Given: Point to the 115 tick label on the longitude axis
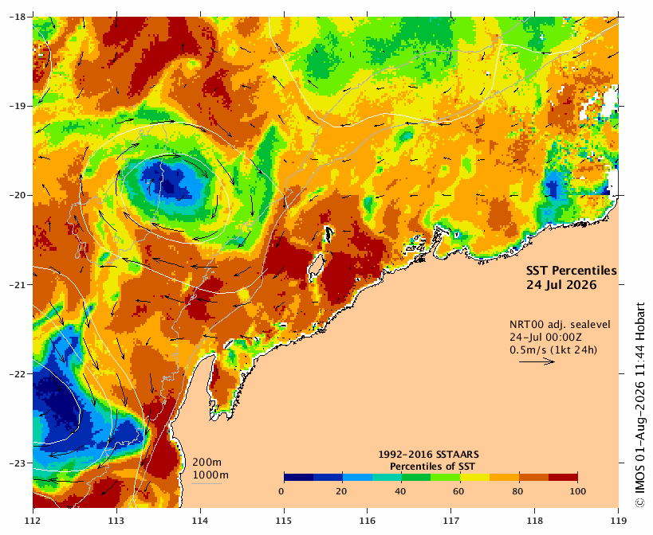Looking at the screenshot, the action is (x=284, y=521).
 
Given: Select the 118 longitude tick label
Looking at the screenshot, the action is (x=534, y=521).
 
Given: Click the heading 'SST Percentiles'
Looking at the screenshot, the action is (x=572, y=271).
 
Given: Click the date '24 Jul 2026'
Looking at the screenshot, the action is (x=561, y=285).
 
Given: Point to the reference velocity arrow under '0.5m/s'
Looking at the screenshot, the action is (x=537, y=361).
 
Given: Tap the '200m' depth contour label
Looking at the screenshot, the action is (x=207, y=463).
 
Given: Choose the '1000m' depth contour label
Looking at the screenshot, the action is (x=210, y=475).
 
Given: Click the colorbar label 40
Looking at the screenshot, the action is (x=400, y=491).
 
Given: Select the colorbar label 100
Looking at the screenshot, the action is (x=577, y=491).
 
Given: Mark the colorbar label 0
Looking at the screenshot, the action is (x=282, y=491).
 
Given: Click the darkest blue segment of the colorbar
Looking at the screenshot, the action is (x=299, y=477).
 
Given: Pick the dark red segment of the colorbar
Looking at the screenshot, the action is (x=563, y=477).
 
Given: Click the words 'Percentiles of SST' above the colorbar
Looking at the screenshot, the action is (x=432, y=467).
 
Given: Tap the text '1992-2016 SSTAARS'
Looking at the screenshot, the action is (x=428, y=455).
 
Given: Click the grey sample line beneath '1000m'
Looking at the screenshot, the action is (x=207, y=483).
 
